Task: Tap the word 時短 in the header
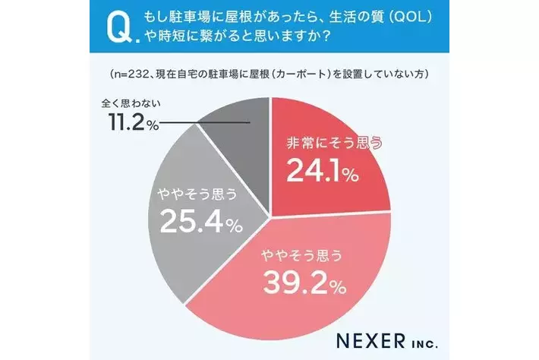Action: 172,36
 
